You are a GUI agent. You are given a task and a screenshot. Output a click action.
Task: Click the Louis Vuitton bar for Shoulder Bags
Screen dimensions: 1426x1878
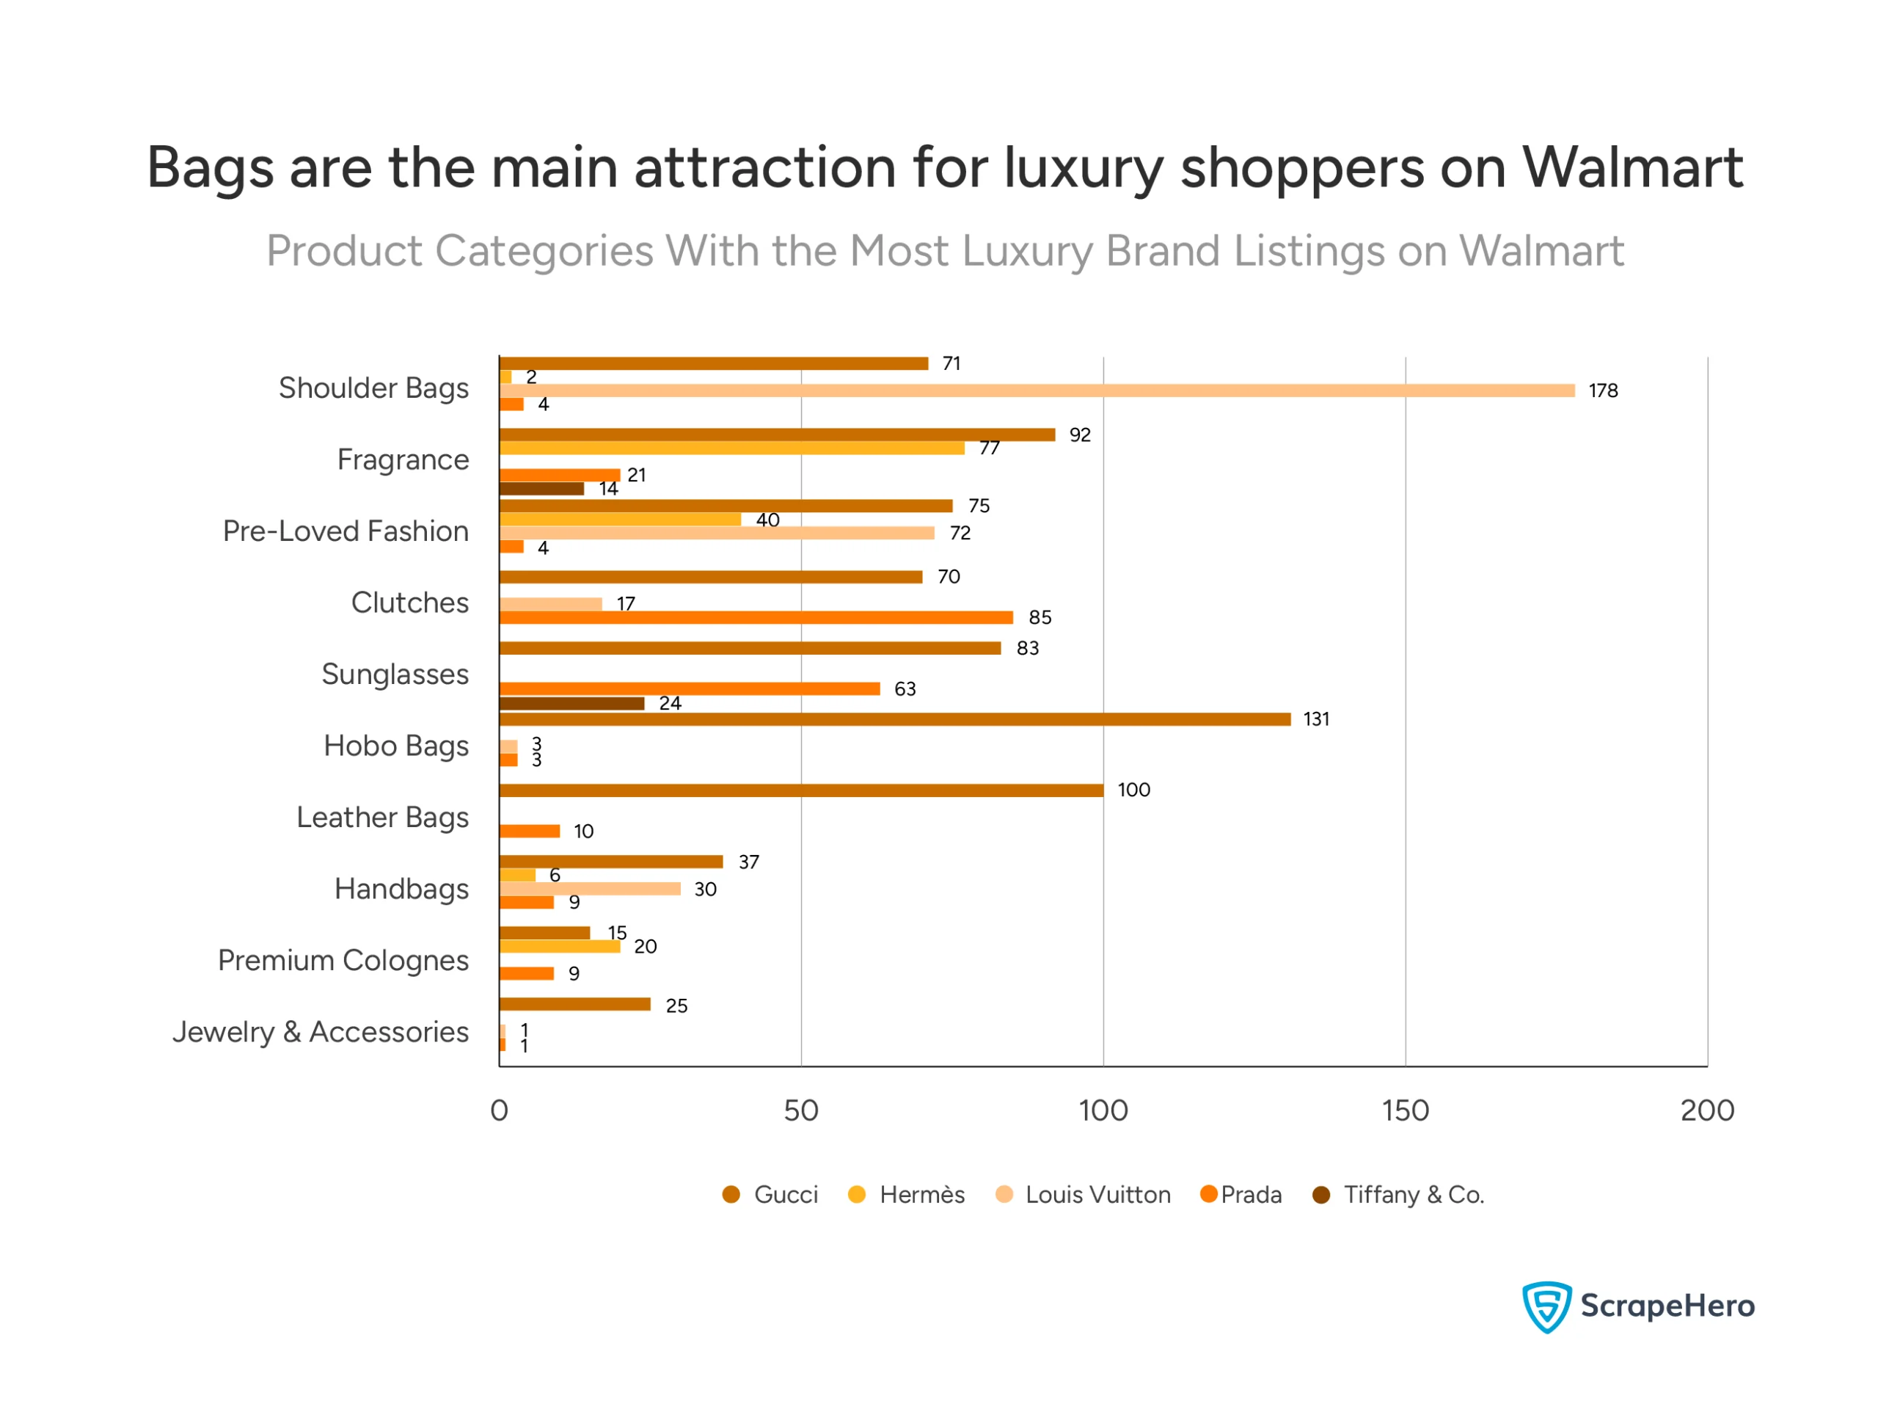tap(1036, 390)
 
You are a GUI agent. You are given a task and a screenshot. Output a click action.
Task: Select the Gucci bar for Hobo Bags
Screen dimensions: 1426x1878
tap(894, 719)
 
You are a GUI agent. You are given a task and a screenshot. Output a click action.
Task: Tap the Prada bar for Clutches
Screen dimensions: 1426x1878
tap(756, 617)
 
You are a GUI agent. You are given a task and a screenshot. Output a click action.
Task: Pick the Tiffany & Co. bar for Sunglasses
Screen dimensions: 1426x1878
tap(571, 703)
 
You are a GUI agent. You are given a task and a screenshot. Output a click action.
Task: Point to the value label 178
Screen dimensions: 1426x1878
tap(1603, 390)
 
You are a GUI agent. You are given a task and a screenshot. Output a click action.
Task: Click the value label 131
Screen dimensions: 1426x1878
tap(1316, 719)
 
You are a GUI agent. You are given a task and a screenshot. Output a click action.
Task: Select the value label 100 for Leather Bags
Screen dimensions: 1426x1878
tap(1133, 790)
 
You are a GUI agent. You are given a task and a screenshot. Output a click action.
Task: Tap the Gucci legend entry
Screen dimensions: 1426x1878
tap(770, 1195)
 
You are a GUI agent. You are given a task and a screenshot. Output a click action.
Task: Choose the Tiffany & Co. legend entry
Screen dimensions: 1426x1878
tap(1398, 1195)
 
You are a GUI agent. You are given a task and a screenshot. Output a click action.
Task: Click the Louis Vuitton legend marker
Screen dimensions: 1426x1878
tap(1004, 1195)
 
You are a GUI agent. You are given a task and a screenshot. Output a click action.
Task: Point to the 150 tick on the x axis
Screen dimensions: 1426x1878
tap(1405, 1111)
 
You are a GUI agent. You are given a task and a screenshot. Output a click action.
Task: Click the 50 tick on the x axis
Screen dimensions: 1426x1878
tap(800, 1111)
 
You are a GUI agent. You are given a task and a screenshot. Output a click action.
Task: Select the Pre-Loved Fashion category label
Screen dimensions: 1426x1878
tap(346, 531)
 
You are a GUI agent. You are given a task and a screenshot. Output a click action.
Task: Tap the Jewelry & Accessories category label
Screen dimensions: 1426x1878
tap(320, 1032)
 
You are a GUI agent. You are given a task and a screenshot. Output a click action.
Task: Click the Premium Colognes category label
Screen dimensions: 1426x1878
tap(343, 961)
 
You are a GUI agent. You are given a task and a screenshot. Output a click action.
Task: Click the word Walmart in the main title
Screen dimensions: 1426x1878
tap(1632, 167)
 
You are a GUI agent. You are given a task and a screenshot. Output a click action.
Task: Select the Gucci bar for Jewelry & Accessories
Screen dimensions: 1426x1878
tap(575, 1005)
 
